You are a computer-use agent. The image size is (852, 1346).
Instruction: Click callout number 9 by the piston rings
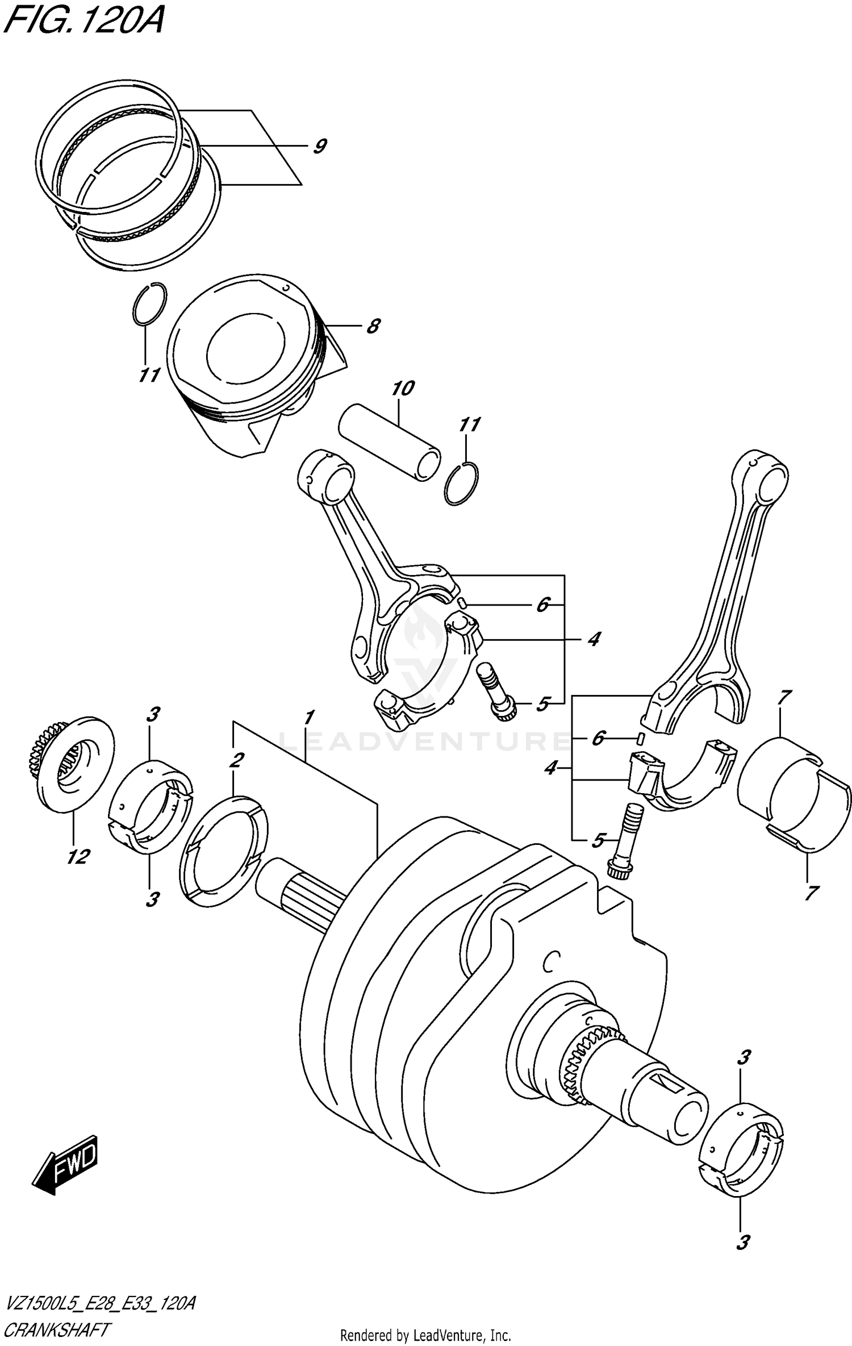[x=319, y=147]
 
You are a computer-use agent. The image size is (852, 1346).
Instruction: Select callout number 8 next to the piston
[x=373, y=326]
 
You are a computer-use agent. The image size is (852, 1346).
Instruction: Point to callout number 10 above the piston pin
[x=403, y=389]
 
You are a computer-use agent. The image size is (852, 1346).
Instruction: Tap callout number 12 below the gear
[x=78, y=857]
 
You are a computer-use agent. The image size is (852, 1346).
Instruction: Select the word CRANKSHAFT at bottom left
[x=57, y=1330]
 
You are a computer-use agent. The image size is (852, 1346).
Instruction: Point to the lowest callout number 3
[x=742, y=1243]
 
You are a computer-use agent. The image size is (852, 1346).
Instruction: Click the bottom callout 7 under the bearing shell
[x=811, y=893]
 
